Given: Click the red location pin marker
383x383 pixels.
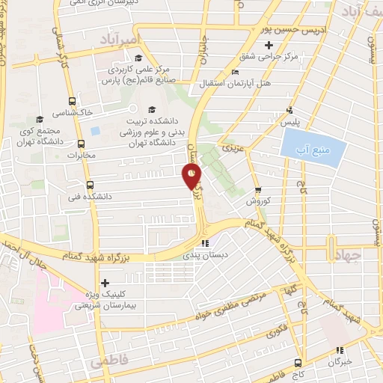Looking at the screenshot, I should pyautogui.click(x=192, y=175).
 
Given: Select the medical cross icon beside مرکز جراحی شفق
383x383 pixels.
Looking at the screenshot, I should pyautogui.click(x=278, y=46).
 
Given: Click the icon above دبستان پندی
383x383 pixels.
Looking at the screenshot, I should pyautogui.click(x=204, y=242).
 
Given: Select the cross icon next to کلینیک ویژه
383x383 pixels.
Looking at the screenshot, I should pyautogui.click(x=105, y=283).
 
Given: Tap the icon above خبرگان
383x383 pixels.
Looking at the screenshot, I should pyautogui.click(x=340, y=349).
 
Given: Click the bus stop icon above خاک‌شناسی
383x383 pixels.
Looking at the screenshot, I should pyautogui.click(x=72, y=102).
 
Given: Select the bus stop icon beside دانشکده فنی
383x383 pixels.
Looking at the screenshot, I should pyautogui.click(x=91, y=185).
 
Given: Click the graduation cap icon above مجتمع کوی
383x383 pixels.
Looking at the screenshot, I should pyautogui.click(x=40, y=119).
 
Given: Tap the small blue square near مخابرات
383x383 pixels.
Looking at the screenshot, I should pyautogui.click(x=95, y=131).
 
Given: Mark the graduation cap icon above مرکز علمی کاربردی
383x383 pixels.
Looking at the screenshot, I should pyautogui.click(x=138, y=58).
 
